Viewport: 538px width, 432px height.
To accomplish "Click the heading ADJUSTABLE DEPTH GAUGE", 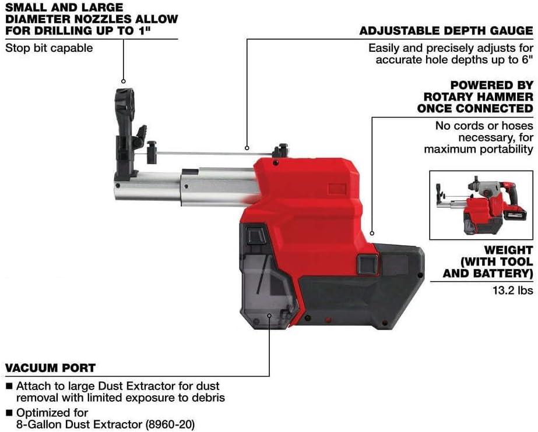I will click(446, 31).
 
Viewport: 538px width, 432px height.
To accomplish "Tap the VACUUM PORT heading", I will click(50, 368).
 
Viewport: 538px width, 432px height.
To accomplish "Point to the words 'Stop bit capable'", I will click(49, 48).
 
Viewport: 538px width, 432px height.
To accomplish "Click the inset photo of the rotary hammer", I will click(481, 205).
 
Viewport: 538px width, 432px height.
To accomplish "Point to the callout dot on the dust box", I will click(269, 316).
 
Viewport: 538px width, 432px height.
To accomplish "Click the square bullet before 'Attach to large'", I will click(9, 386).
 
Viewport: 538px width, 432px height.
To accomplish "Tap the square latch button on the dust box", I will click(254, 235).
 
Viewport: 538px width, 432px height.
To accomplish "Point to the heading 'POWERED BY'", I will click(491, 85).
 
